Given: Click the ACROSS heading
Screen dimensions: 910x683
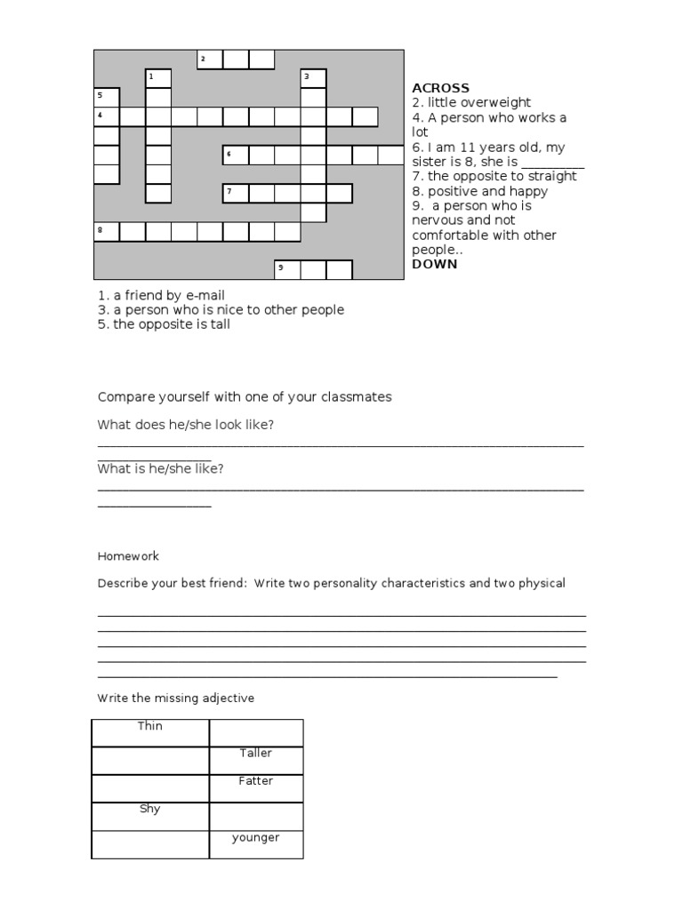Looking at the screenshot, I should pyautogui.click(x=440, y=88).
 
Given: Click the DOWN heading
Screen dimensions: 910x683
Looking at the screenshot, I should pyautogui.click(x=435, y=264).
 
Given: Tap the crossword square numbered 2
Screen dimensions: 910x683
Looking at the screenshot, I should pyautogui.click(x=210, y=60).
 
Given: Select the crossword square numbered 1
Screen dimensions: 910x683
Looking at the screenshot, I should pyautogui.click(x=158, y=78).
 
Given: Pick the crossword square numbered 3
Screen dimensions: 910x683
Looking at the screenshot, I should pyautogui.click(x=313, y=78).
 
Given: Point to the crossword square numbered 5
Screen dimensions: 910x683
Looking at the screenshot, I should pyautogui.click(x=107, y=97).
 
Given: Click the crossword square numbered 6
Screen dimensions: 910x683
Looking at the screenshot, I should pyautogui.click(x=236, y=156).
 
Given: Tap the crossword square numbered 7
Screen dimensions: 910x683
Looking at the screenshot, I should pyautogui.click(x=236, y=194).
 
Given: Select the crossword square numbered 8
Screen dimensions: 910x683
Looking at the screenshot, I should pyautogui.click(x=107, y=232).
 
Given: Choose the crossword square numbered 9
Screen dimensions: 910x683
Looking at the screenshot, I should pyautogui.click(x=287, y=269).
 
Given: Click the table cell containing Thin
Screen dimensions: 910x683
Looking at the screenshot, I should pyautogui.click(x=150, y=733).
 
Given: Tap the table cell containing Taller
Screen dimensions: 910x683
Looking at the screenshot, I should pyautogui.click(x=256, y=761).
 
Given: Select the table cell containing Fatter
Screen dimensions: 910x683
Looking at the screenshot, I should pyautogui.click(x=256, y=788).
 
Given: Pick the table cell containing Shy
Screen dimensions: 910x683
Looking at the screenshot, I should pyautogui.click(x=150, y=816).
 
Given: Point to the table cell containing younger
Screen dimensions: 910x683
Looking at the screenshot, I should pyautogui.click(x=256, y=844).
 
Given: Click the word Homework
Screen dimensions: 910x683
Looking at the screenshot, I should pyautogui.click(x=128, y=556).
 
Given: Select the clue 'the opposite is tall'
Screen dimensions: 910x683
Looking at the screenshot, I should pyautogui.click(x=164, y=323).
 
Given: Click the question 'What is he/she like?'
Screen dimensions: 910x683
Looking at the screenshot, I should pyautogui.click(x=160, y=468).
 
